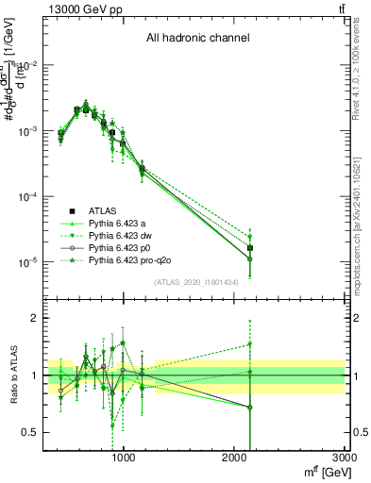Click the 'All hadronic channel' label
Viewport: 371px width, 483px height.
coord(197,39)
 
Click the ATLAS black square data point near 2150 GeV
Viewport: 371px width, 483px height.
coord(250,248)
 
